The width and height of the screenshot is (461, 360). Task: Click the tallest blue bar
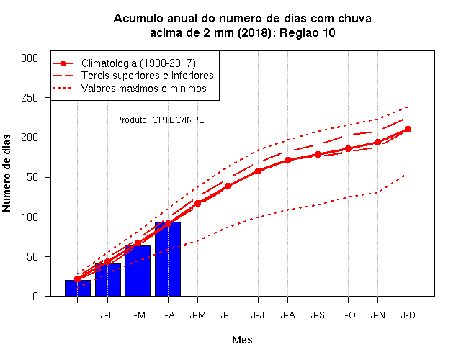[x=168, y=259]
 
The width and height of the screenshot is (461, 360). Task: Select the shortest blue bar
[x=78, y=288]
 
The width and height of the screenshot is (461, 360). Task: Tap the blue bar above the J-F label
[x=107, y=279]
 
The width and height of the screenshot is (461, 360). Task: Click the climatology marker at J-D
[x=408, y=130]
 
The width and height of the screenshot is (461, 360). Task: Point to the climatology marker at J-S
[x=318, y=154]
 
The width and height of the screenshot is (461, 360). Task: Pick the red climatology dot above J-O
[x=348, y=149]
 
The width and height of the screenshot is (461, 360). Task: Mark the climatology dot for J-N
[x=377, y=143]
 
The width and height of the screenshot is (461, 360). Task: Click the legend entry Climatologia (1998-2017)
[x=138, y=63]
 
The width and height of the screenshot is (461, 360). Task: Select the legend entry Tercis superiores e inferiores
[x=147, y=76]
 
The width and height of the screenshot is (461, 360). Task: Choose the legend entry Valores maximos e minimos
[x=144, y=88]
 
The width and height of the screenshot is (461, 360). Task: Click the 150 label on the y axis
[x=30, y=177]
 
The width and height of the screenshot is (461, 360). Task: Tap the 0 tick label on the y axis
[x=35, y=296]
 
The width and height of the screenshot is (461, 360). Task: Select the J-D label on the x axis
[x=408, y=315]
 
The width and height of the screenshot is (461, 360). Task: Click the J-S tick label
[x=318, y=315]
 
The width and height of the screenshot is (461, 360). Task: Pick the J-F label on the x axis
[x=107, y=315]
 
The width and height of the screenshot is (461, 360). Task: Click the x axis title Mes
[x=242, y=340]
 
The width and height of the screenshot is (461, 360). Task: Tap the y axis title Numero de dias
[x=6, y=173]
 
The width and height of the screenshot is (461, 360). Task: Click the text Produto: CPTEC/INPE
[x=160, y=120]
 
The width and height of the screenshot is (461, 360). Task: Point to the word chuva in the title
[x=354, y=18]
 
